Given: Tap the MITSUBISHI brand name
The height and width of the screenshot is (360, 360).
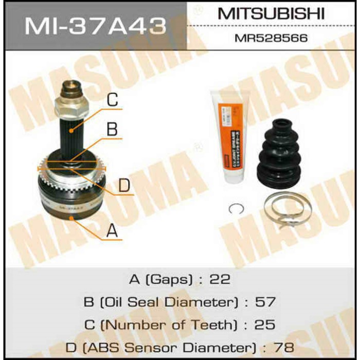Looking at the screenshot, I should pyautogui.click(x=272, y=14).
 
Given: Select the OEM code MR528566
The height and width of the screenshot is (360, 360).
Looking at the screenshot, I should pyautogui.click(x=271, y=39).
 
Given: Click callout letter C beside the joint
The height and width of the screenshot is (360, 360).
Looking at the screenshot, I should pyautogui.click(x=113, y=100).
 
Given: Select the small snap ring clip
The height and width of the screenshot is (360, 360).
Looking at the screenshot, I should pyautogui.click(x=235, y=208).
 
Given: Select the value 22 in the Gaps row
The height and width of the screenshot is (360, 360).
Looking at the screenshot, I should pyautogui.click(x=220, y=280).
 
